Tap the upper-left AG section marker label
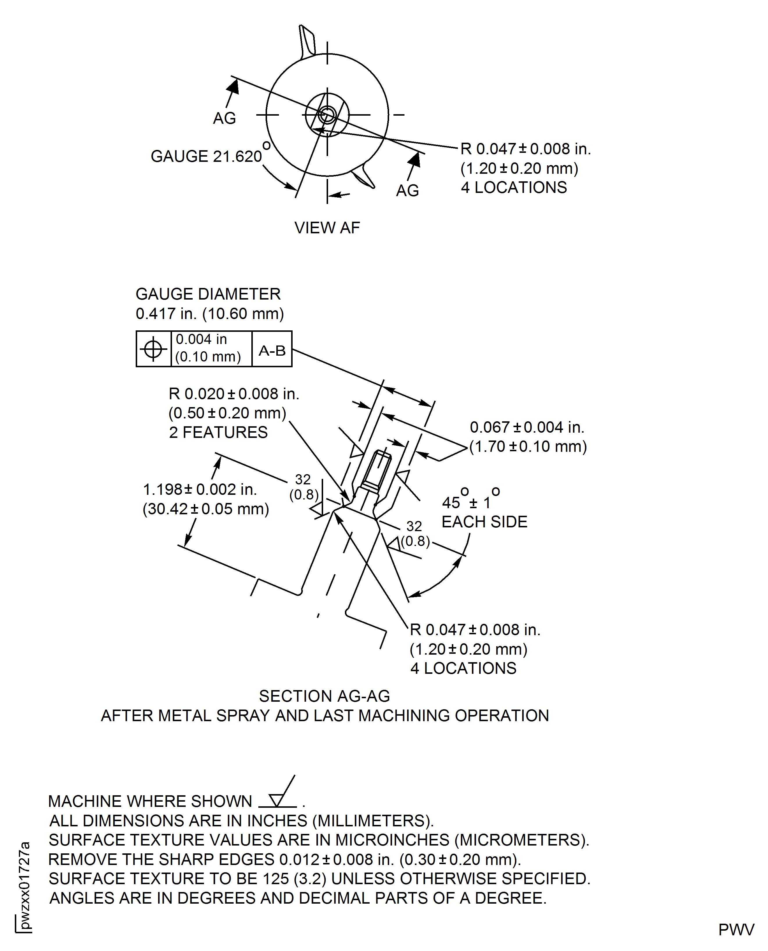click(224, 118)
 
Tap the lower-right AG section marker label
click(407, 191)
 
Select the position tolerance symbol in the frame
click(153, 349)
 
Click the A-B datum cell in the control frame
click(272, 351)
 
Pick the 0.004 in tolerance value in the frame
click(201, 339)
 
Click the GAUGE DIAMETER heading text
click(208, 294)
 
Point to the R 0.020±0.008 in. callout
click(234, 394)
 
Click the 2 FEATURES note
click(218, 432)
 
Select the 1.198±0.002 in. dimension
click(200, 489)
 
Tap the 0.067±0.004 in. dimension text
click(527, 427)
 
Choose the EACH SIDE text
click(484, 522)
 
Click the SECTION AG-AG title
click(324, 696)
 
